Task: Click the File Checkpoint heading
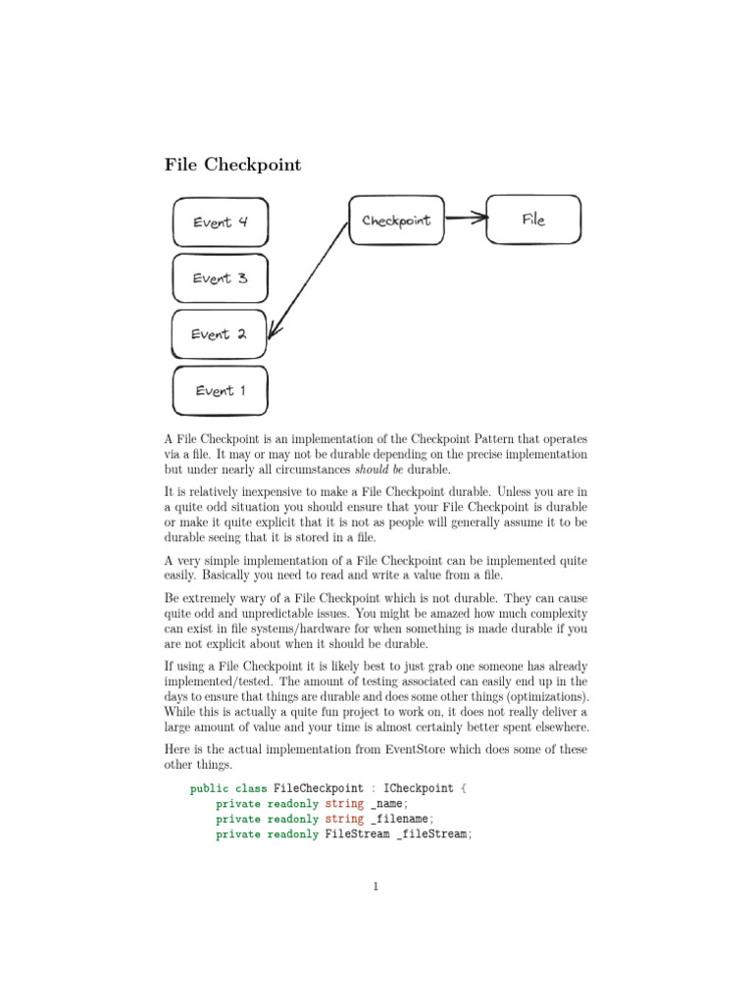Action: pos(232,165)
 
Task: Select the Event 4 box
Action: pos(220,223)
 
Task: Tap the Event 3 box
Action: pos(220,278)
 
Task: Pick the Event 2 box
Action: pos(220,334)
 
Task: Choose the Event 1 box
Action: pos(220,391)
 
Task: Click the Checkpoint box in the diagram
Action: pos(396,221)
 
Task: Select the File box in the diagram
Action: pos(533,220)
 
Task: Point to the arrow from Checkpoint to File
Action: pos(466,219)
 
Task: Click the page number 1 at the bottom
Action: pos(376,887)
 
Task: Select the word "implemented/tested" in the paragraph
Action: pos(217,680)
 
